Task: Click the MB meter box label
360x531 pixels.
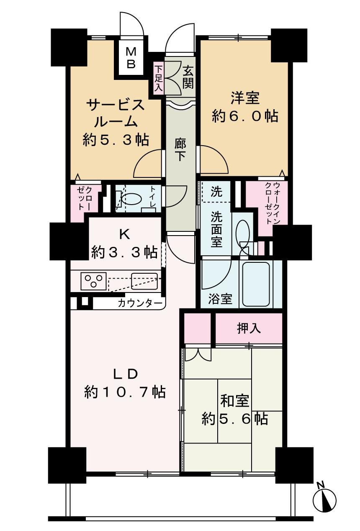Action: pyautogui.click(x=131, y=58)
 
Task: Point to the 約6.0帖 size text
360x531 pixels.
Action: pyautogui.click(x=245, y=116)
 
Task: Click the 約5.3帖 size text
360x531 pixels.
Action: pyautogui.click(x=116, y=140)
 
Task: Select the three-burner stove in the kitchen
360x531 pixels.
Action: pyautogui.click(x=93, y=281)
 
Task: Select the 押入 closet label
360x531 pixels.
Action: pyautogui.click(x=249, y=328)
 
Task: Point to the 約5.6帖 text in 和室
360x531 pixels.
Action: pyautogui.click(x=235, y=418)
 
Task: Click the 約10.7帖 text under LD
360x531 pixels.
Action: pyautogui.click(x=125, y=392)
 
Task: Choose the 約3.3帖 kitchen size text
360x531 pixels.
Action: pyautogui.click(x=124, y=252)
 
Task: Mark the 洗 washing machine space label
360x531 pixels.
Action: pyautogui.click(x=216, y=193)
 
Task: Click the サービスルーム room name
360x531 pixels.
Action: pyautogui.click(x=116, y=113)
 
